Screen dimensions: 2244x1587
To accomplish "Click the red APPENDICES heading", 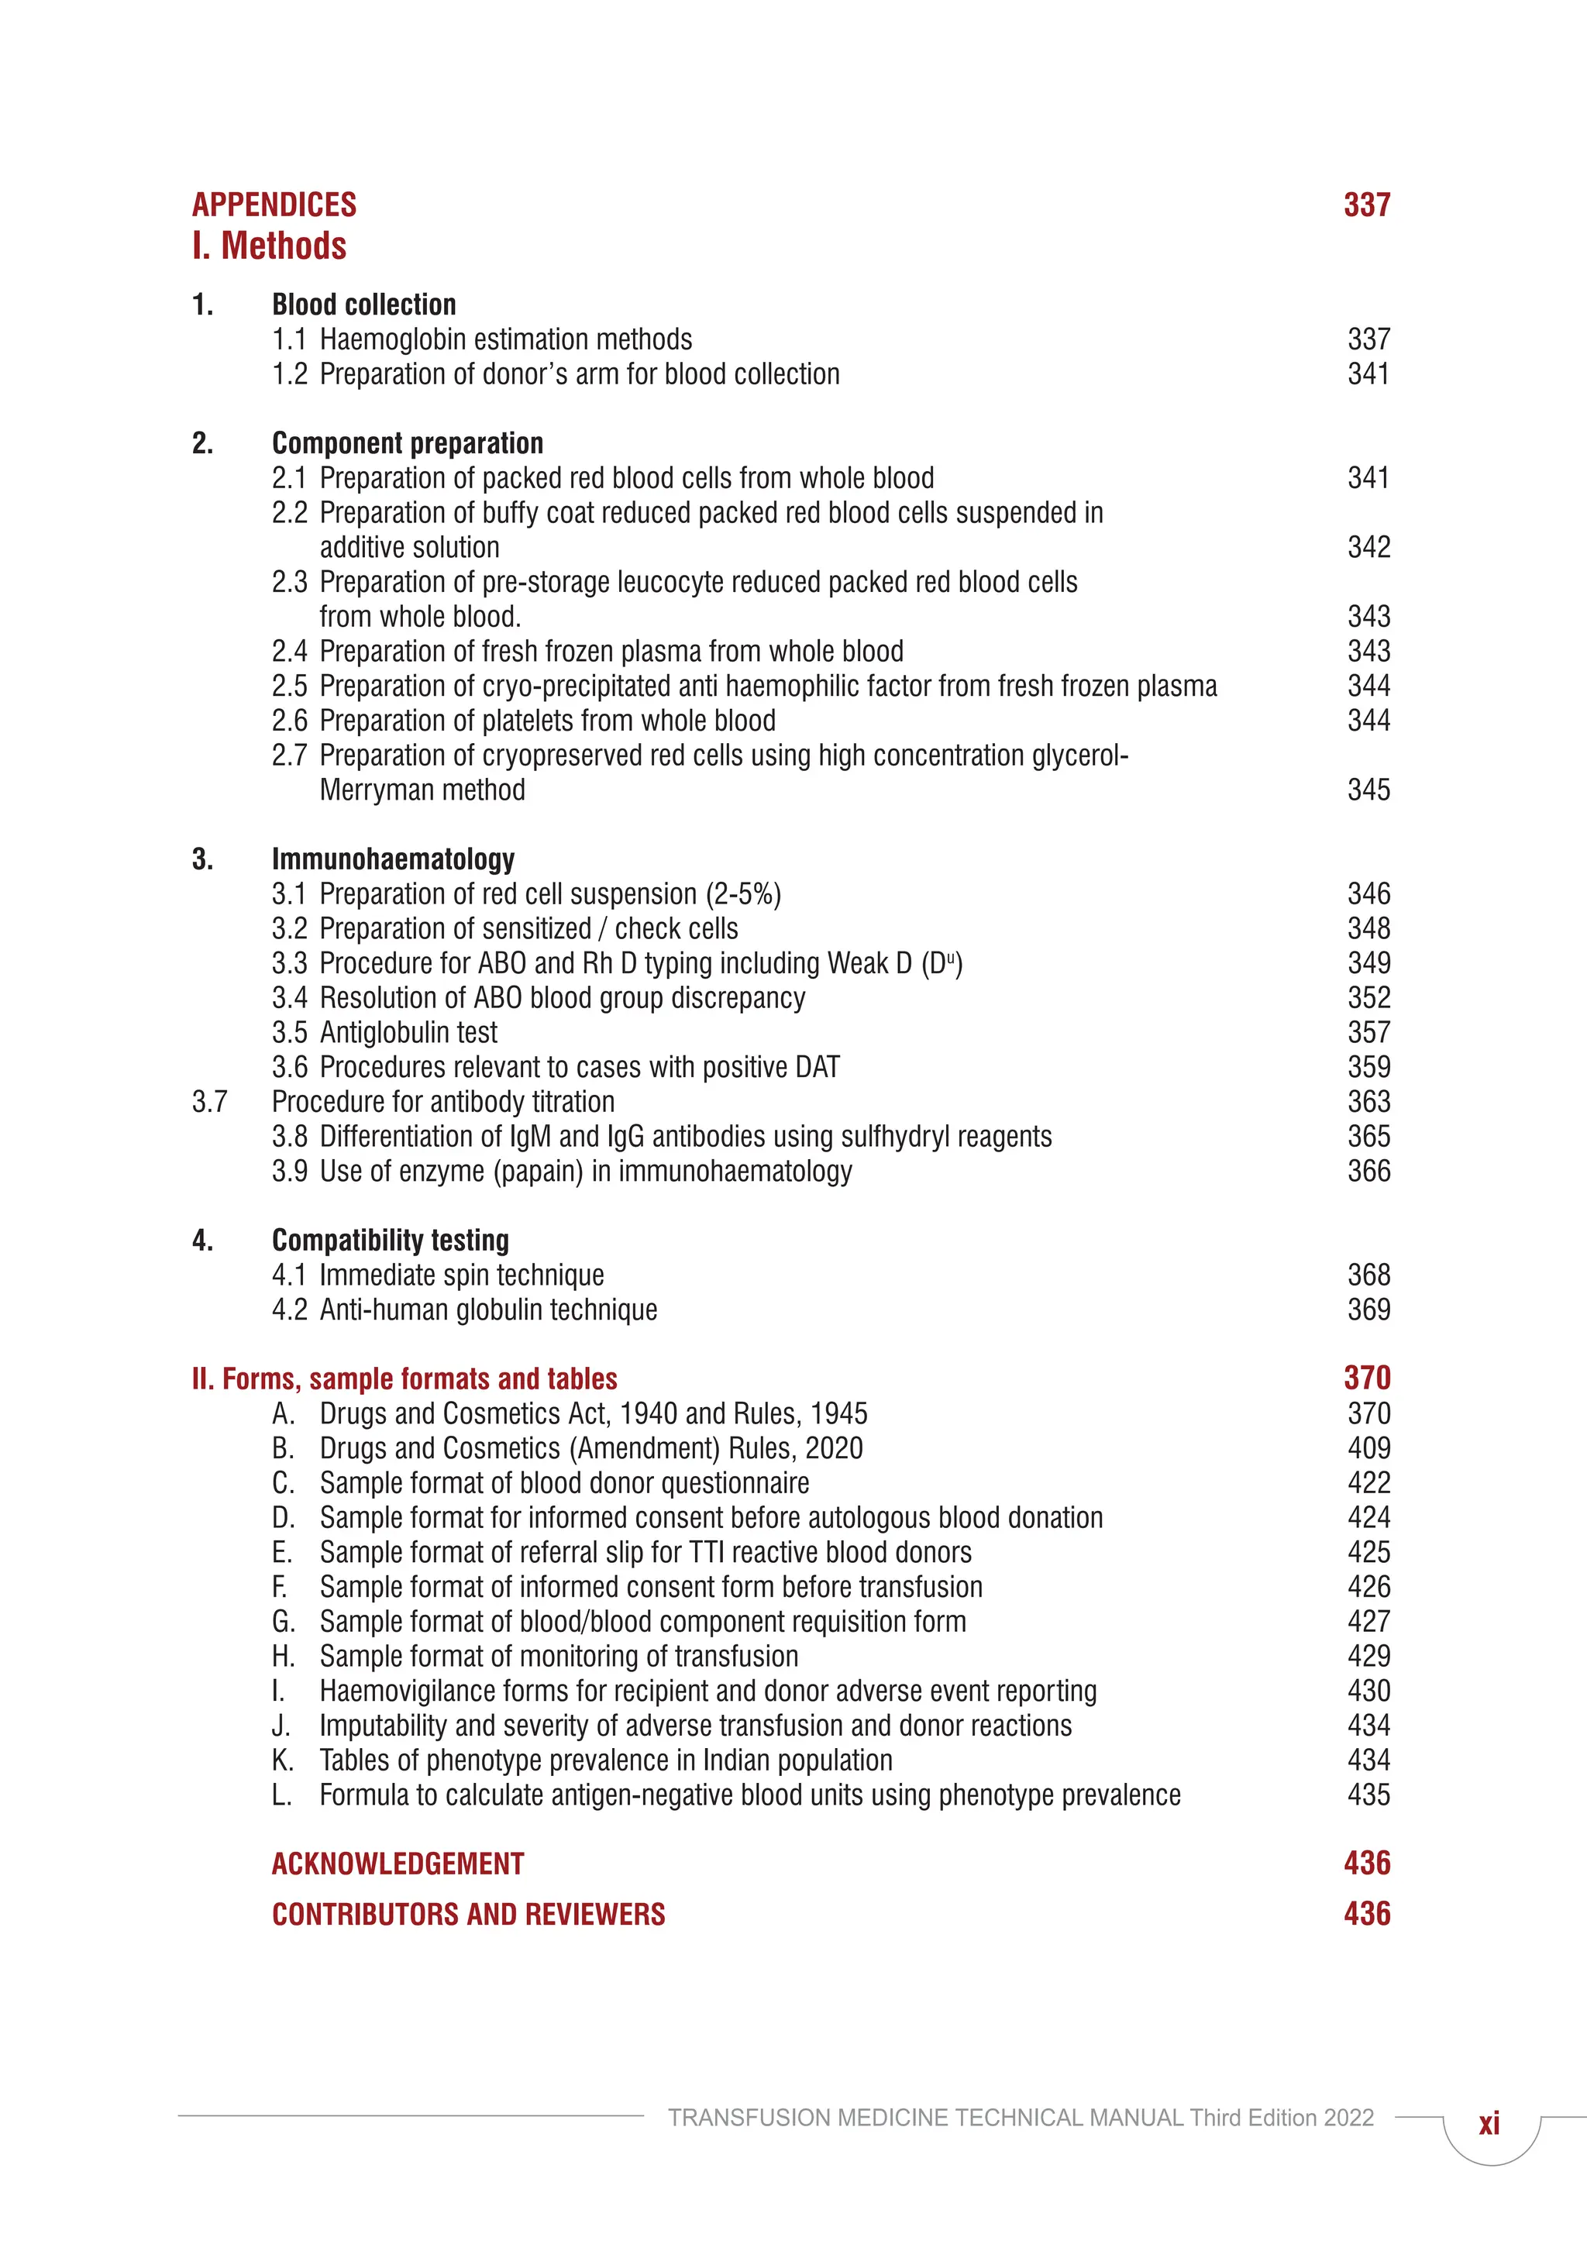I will click(274, 205).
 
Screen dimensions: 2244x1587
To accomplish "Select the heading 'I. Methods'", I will click(270, 246).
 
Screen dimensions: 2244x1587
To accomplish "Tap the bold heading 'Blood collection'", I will click(363, 305).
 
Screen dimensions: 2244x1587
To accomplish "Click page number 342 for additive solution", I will click(1368, 547).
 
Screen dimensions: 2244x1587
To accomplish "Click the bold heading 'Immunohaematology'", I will click(393, 859).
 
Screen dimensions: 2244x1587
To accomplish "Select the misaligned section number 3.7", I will click(209, 1103).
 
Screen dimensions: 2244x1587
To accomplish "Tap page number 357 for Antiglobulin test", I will click(1368, 1033).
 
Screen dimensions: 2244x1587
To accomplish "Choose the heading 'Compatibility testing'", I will click(390, 1241).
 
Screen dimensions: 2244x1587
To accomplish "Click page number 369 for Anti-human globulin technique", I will click(1368, 1310).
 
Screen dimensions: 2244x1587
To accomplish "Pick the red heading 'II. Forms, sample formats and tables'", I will click(404, 1379).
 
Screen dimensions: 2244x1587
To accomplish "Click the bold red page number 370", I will click(1366, 1378).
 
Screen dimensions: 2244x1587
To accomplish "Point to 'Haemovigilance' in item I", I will click(412, 1692).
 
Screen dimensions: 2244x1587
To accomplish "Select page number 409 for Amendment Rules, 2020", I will click(1368, 1448).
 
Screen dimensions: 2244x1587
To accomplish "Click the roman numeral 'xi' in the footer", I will click(1489, 2124).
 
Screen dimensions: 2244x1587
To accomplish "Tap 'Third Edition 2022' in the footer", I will click(1281, 2118).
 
